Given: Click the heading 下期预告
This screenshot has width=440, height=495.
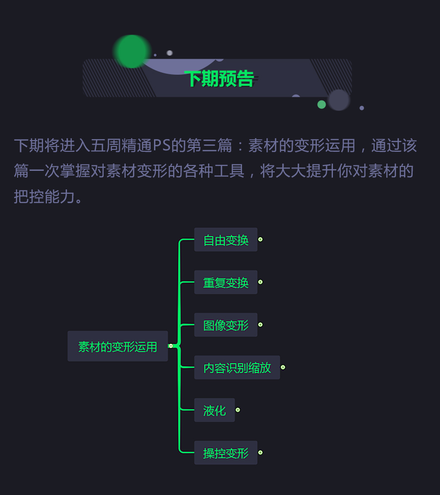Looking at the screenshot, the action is tap(220, 79).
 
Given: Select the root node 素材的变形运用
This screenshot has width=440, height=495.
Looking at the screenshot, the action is tap(117, 347).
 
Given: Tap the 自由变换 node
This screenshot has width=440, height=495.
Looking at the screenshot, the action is tap(226, 240).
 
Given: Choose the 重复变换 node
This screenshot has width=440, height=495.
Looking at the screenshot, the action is tap(226, 283).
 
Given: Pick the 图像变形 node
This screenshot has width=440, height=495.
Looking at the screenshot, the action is tap(226, 325).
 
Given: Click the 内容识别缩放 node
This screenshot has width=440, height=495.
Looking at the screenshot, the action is tap(237, 368).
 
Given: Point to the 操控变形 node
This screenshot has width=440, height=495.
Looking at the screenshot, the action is tap(226, 453).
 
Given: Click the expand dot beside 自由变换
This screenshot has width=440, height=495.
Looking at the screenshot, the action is tap(261, 240).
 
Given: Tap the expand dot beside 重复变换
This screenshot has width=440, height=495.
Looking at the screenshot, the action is tap(261, 282).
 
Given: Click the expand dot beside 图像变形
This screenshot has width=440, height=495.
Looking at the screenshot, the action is tap(261, 325).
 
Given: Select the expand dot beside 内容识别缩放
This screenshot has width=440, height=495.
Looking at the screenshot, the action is tap(283, 367).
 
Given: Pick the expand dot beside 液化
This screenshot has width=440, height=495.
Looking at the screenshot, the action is tap(238, 410).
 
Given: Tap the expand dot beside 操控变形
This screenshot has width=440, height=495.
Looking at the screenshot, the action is tap(261, 453).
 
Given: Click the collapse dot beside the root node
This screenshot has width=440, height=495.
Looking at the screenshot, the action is tap(171, 346).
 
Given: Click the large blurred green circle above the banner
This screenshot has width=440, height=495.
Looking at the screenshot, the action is tap(132, 51).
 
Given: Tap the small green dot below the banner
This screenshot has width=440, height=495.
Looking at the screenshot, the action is tap(321, 104).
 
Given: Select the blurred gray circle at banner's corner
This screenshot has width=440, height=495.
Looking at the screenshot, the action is tap(339, 100).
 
